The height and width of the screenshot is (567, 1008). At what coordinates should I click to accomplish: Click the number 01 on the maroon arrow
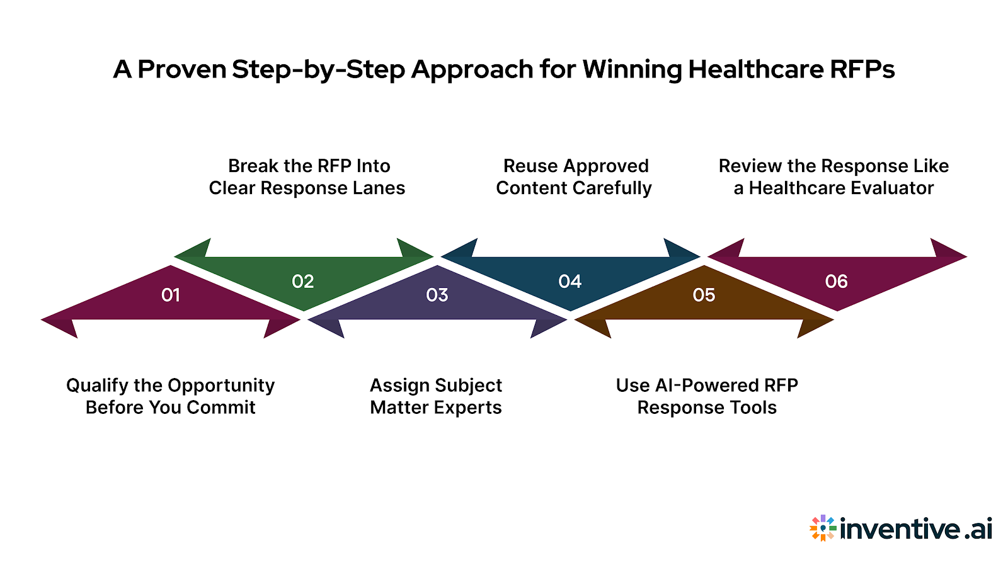click(x=171, y=295)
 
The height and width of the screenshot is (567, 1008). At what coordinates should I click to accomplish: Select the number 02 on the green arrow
click(x=302, y=282)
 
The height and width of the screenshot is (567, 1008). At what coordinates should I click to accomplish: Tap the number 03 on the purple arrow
click(x=437, y=295)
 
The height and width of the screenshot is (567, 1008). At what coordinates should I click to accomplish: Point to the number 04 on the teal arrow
click(x=570, y=282)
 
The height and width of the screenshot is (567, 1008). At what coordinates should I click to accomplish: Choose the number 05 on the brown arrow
click(x=704, y=295)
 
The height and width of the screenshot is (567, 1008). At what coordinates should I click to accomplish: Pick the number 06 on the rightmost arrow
click(x=836, y=282)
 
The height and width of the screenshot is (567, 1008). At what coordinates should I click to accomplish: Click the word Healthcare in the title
click(x=755, y=69)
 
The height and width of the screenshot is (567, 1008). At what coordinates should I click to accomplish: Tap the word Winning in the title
click(x=632, y=69)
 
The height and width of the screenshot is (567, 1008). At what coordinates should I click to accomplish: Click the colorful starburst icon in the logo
click(x=823, y=528)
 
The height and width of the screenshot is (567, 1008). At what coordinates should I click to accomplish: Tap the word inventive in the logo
click(x=900, y=528)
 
